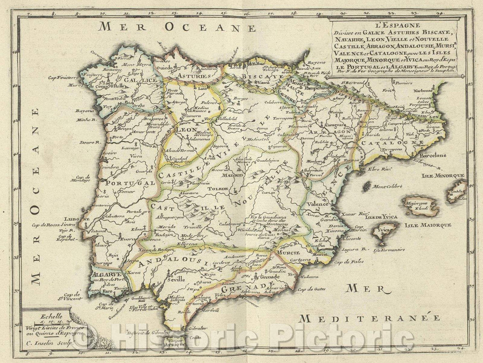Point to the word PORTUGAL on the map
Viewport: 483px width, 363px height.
coord(127,183)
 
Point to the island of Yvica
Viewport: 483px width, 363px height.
coord(384,232)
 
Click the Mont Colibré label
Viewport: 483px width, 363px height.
coord(388,186)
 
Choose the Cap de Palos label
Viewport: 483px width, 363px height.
coord(347,262)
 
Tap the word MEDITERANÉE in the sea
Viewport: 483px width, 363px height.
coord(370,318)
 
